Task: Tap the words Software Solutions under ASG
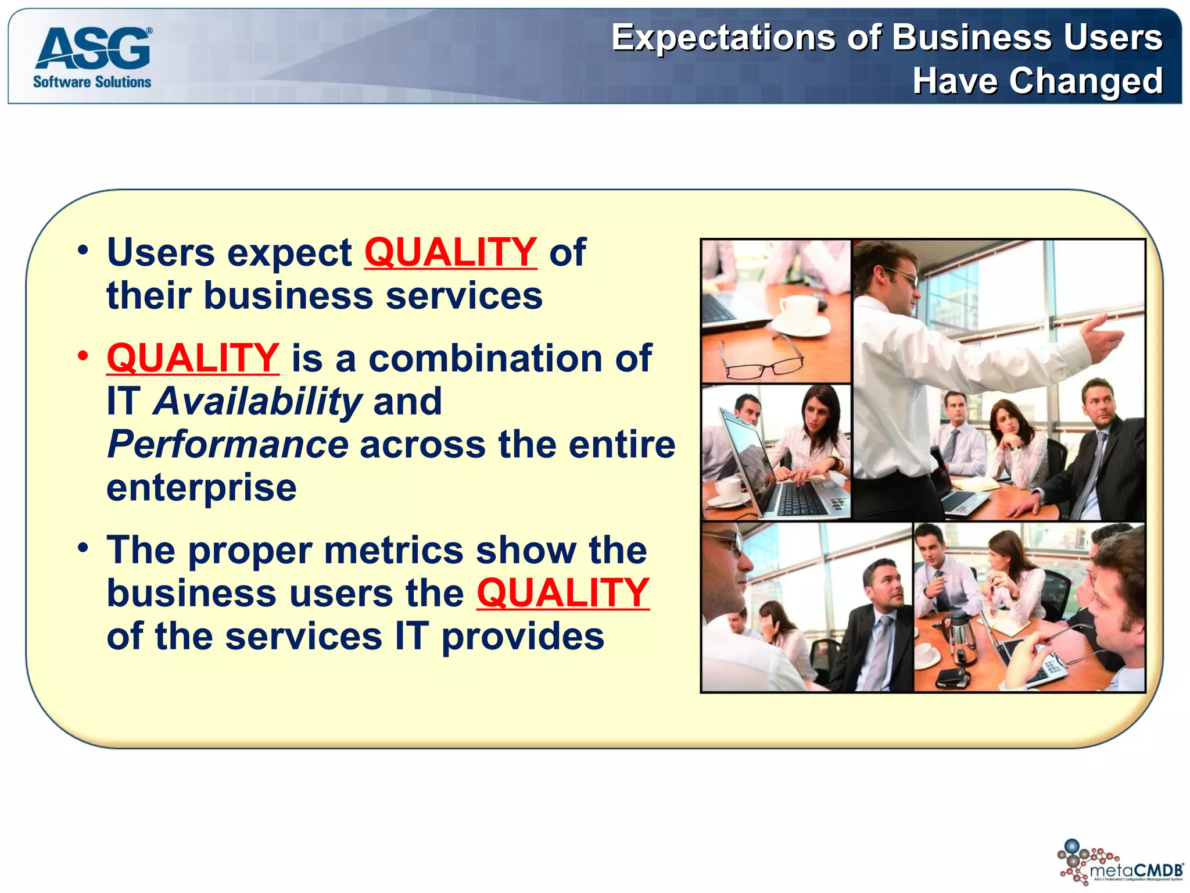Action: (92, 82)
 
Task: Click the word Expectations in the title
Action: (724, 38)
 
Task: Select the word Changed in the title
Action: (1086, 81)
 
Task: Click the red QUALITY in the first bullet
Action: (450, 252)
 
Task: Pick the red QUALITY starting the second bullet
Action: (193, 358)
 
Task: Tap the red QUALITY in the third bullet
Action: (562, 593)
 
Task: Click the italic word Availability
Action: (257, 402)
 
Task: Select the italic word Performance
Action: (228, 445)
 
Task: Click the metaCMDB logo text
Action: (1135, 870)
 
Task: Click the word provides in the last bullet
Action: (523, 637)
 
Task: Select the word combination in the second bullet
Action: (486, 358)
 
